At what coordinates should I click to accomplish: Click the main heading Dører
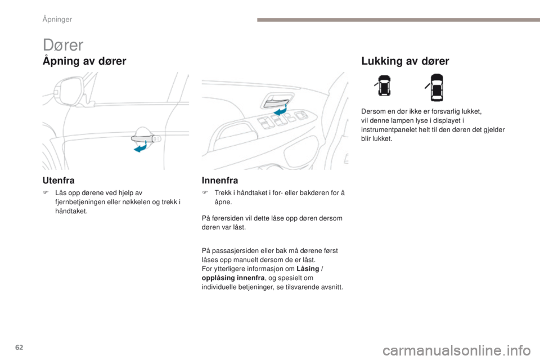(x=63, y=44)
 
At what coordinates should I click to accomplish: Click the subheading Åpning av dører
(x=84, y=61)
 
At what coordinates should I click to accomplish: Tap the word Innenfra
(x=220, y=180)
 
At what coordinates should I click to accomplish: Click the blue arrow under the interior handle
(x=279, y=112)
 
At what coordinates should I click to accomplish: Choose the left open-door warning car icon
(x=384, y=87)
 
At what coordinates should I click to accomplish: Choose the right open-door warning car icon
(x=437, y=87)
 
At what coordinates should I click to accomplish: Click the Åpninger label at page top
(x=58, y=20)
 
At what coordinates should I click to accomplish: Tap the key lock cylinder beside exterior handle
(x=157, y=138)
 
